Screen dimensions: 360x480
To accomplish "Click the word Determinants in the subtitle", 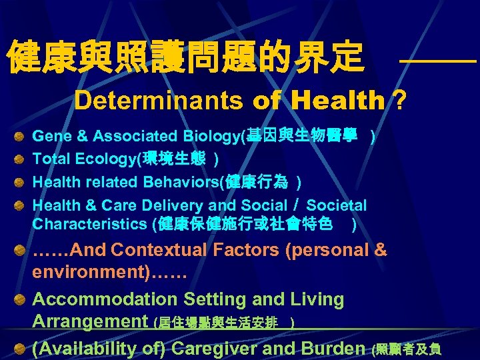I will [x=159, y=101].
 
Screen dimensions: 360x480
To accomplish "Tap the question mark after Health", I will [x=399, y=101].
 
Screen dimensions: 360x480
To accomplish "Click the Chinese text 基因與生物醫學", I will [x=306, y=137].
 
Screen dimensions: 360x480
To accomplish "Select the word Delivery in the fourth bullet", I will [x=171, y=206].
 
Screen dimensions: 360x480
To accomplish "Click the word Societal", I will [x=337, y=206].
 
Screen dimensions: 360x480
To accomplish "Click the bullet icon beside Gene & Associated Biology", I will [x=21, y=137].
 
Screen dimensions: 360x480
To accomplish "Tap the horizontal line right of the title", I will [x=438, y=61].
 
